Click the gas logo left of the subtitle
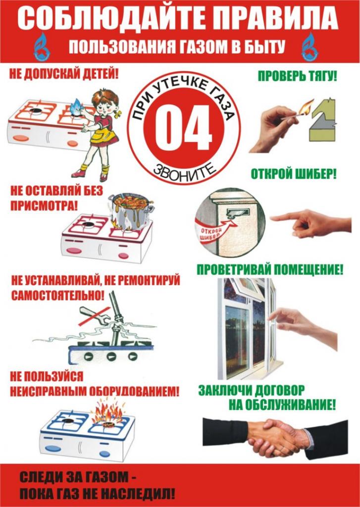click(x=42, y=47)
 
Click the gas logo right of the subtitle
click(x=310, y=47)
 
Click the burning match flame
click(x=306, y=107)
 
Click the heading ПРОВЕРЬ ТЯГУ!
click(x=297, y=76)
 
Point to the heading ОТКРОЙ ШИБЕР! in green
click(x=294, y=174)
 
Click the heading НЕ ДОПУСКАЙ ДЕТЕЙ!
click(x=64, y=75)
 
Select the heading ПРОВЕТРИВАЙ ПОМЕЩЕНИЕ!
click(x=270, y=270)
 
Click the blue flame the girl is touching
click(x=77, y=105)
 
